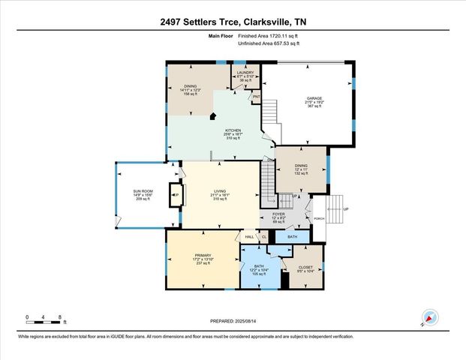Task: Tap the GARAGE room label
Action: tap(314, 98)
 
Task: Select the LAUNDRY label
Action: tap(246, 73)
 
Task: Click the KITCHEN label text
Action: tap(233, 130)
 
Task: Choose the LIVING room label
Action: tap(219, 190)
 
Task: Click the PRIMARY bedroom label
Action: tap(203, 255)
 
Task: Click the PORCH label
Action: tap(320, 218)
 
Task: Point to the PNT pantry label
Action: tap(256, 97)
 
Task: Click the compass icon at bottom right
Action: tap(429, 318)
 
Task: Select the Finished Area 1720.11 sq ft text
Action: tap(269, 35)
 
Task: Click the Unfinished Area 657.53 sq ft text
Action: tap(269, 43)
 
